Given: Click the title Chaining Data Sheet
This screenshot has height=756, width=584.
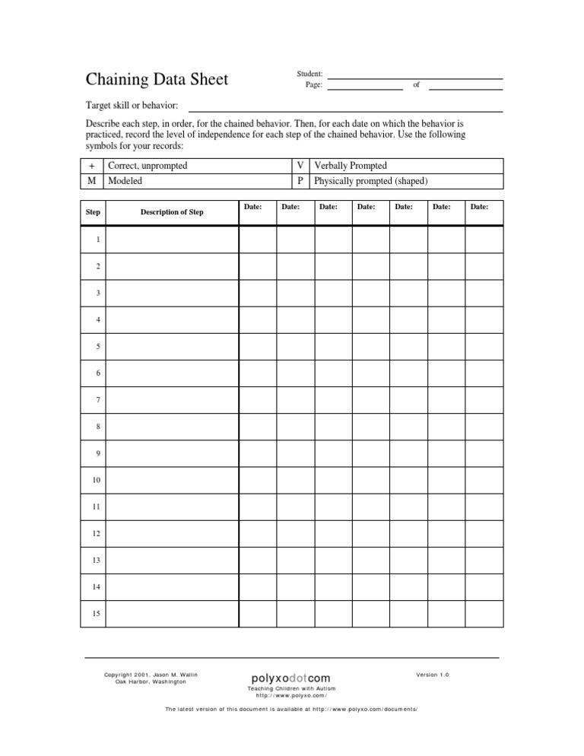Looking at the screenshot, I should tap(156, 79).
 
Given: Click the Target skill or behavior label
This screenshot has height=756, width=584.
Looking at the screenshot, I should tap(131, 105).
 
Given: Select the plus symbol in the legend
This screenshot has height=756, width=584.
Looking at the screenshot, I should tap(92, 166).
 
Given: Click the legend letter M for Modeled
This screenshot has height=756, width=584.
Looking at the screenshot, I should tap(92, 182).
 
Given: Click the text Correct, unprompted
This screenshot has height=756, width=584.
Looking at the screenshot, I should tap(148, 166).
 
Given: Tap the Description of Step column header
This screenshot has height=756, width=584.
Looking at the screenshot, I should tap(172, 212).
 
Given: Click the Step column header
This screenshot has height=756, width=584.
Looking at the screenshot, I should tap(92, 212).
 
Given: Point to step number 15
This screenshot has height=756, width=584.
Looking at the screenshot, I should tap(97, 614).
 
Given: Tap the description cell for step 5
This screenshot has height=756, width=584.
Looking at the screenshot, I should tap(172, 347).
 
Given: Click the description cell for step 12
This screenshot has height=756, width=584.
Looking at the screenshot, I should tap(172, 534).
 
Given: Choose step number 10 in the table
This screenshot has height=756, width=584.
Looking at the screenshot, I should tap(97, 481).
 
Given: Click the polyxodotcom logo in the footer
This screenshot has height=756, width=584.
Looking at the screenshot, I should tap(291, 678).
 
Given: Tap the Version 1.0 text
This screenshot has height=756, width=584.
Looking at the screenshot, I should tap(433, 675).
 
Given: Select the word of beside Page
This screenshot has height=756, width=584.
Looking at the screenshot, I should tap(417, 85).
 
